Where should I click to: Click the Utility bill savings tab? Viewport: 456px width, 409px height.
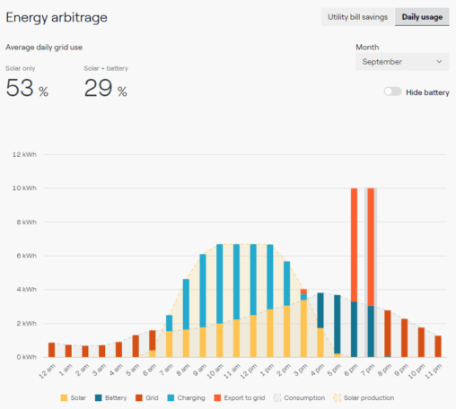coord(357,17)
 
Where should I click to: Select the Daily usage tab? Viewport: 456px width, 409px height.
coord(421,17)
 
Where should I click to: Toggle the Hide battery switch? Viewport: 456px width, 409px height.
coord(392,92)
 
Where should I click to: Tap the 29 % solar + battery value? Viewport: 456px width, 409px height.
coord(105,88)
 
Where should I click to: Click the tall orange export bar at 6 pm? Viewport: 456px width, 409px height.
coord(354,242)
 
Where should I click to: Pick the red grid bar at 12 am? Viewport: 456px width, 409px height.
coord(51,350)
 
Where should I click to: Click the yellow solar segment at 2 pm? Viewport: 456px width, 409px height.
coord(286,331)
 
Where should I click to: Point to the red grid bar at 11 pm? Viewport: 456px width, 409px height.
coord(438,346)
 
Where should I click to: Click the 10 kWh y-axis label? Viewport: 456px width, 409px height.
coord(24,188)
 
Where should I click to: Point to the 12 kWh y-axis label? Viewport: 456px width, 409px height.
coord(24,154)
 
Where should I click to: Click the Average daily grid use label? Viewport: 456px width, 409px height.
coord(51,47)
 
